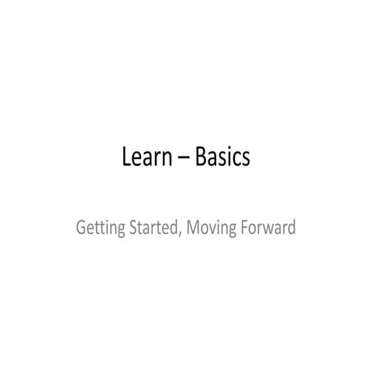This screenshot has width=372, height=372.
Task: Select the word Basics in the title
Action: point(223,157)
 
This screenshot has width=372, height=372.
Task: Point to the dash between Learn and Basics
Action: point(184,160)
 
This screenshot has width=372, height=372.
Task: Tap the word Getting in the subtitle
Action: point(99,229)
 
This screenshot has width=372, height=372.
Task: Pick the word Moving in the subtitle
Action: point(211,229)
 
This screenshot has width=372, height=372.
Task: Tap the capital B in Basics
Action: point(201,157)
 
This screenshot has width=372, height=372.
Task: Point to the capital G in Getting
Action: point(81,229)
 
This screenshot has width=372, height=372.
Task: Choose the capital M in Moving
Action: point(192,229)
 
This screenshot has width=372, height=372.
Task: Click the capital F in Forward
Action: point(245,229)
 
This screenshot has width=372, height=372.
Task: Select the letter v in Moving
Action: point(212,231)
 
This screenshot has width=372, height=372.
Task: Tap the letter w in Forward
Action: point(267,231)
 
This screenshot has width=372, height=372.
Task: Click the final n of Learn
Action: point(167,160)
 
